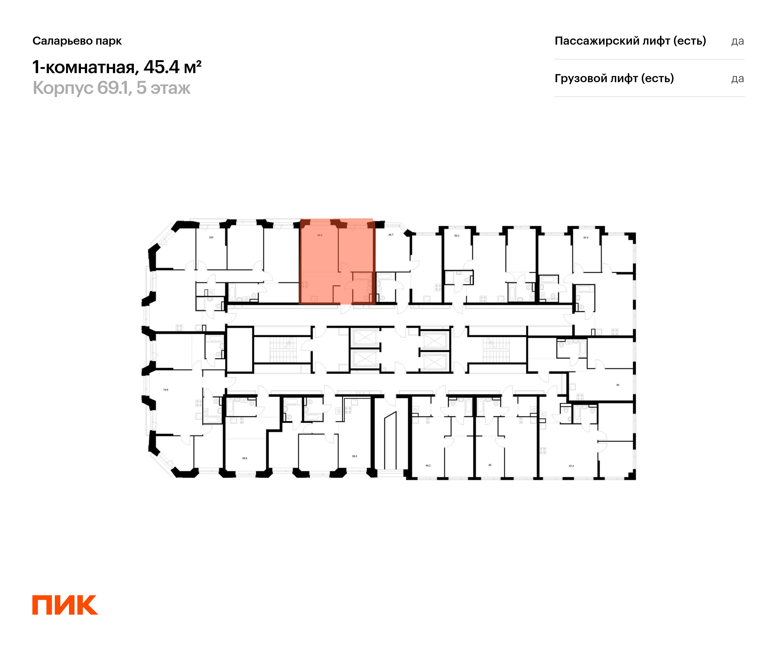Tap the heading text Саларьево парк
tap(77, 41)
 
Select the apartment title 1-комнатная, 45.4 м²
tap(117, 67)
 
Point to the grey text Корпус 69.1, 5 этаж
tap(111, 88)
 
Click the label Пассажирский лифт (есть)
tap(630, 41)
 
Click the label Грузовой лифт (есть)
tap(614, 78)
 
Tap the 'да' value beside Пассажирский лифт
tap(738, 41)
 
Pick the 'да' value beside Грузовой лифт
tap(738, 79)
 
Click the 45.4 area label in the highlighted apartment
tap(320, 235)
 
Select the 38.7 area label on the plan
tap(391, 235)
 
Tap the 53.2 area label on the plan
tap(456, 236)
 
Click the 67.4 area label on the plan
tap(586, 238)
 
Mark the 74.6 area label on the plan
tap(165, 390)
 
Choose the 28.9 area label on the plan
tap(244, 458)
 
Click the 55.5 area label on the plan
tap(355, 456)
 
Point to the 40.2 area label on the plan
tap(428, 466)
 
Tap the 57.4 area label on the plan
tap(571, 466)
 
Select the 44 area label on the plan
tap(617, 385)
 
